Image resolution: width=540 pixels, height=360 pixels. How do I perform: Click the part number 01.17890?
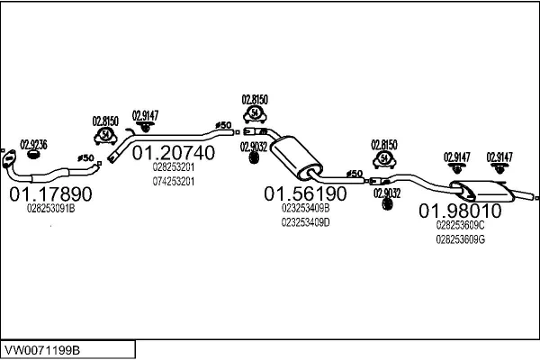[x=50, y=193]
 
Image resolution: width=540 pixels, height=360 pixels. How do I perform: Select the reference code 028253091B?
[x=49, y=210]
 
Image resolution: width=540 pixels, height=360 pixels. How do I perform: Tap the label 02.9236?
[x=32, y=145]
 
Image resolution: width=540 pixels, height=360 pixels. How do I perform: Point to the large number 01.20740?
[x=174, y=153]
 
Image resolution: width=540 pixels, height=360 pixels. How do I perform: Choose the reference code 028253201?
[x=173, y=167]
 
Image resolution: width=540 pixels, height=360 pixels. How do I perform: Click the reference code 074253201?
[x=173, y=181]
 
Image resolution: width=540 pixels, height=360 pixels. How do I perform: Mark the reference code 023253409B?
[x=305, y=208]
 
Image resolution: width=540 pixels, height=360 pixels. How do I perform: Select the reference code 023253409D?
[x=305, y=221]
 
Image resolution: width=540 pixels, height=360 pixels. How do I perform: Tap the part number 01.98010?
[x=460, y=211]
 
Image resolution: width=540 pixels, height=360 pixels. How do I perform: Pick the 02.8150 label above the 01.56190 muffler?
[x=256, y=99]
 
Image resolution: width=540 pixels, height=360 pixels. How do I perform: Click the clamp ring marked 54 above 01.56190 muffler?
[x=256, y=114]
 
